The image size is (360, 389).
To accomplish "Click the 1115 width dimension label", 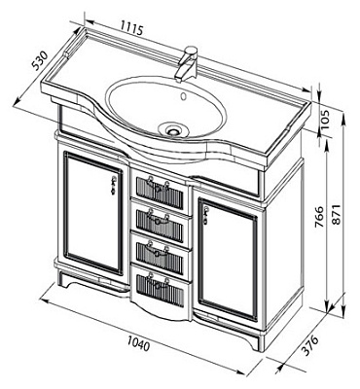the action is click(131, 28).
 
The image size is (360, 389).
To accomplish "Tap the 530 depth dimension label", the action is click(40, 61).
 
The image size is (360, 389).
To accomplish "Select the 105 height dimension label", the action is click(324, 120).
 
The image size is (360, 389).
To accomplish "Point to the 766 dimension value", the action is click(319, 216).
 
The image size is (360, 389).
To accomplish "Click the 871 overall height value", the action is click(337, 214).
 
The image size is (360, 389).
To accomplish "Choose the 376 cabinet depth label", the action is click(308, 346).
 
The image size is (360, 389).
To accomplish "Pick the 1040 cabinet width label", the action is click(139, 343).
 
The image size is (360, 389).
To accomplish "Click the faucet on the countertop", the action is click(188, 64).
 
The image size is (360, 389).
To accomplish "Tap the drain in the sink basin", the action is click(173, 130).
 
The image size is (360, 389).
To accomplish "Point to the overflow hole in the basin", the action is click(184, 96).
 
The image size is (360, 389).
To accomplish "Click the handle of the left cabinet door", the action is click(113, 185).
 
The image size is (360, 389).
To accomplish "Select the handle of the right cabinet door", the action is click(205, 216).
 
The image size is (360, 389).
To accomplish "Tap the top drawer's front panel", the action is click(160, 191).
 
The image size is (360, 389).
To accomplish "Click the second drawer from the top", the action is click(162, 221).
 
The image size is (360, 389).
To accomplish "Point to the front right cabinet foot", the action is click(254, 342).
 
